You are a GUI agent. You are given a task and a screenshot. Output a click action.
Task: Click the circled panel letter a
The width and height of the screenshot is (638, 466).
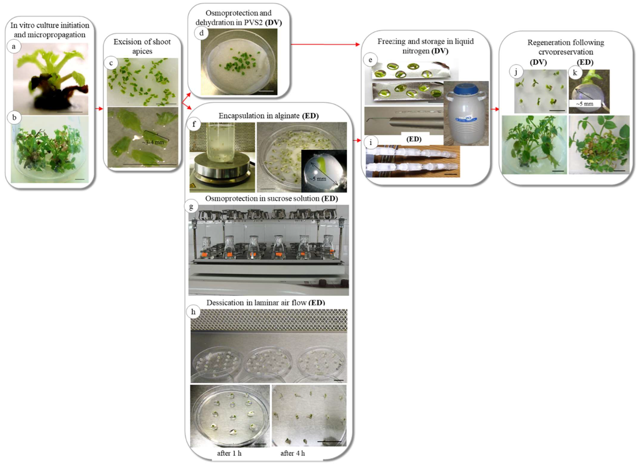[14, 47]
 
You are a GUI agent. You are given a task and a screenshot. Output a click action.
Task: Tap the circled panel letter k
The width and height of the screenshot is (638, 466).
[575, 73]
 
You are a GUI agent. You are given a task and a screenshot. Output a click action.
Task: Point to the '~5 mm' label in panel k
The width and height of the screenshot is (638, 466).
[584, 104]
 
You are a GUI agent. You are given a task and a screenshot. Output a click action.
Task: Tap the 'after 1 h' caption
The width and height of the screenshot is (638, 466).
[229, 453]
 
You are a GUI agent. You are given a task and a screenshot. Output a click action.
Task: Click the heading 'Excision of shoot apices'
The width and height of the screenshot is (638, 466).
[142, 46]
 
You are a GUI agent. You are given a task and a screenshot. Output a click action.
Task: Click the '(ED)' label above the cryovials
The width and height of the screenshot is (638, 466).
[414, 139]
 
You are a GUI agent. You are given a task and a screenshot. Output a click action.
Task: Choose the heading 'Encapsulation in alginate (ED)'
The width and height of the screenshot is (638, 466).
[268, 116]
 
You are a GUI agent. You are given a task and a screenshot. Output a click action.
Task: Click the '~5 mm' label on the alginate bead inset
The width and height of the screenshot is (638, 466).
[318, 179]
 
